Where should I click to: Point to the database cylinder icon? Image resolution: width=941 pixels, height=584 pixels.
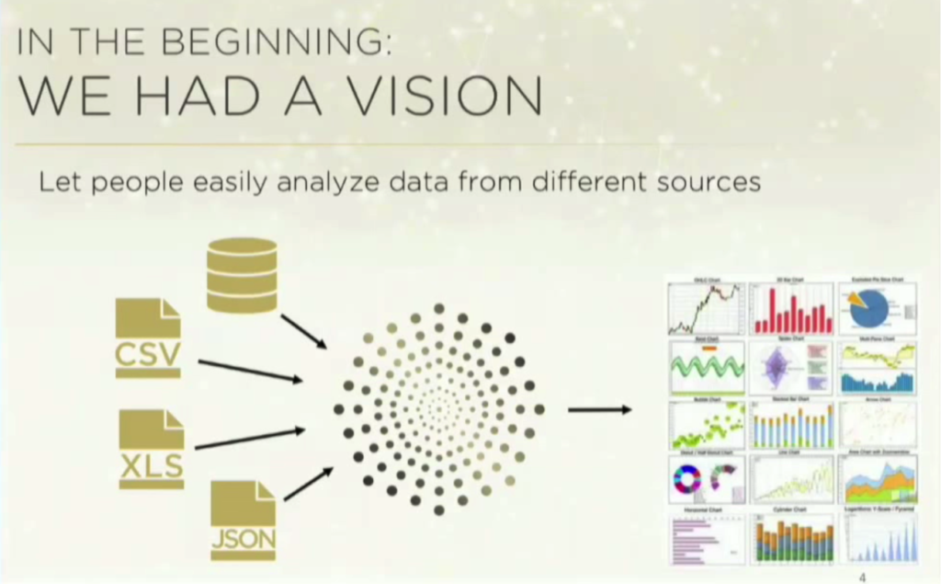[242, 275]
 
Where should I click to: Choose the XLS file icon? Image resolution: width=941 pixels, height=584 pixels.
[152, 449]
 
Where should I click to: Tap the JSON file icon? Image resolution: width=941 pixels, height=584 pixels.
[244, 520]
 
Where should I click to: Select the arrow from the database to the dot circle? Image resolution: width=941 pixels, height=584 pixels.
[303, 331]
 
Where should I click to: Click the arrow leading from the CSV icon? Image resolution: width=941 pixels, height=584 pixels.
[250, 371]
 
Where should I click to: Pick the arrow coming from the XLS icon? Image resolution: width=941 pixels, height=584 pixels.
[250, 439]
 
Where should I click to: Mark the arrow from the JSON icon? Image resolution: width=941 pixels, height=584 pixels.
[309, 484]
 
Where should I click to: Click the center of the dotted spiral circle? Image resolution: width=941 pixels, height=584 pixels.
[438, 407]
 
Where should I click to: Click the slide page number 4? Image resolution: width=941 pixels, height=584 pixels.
[862, 578]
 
